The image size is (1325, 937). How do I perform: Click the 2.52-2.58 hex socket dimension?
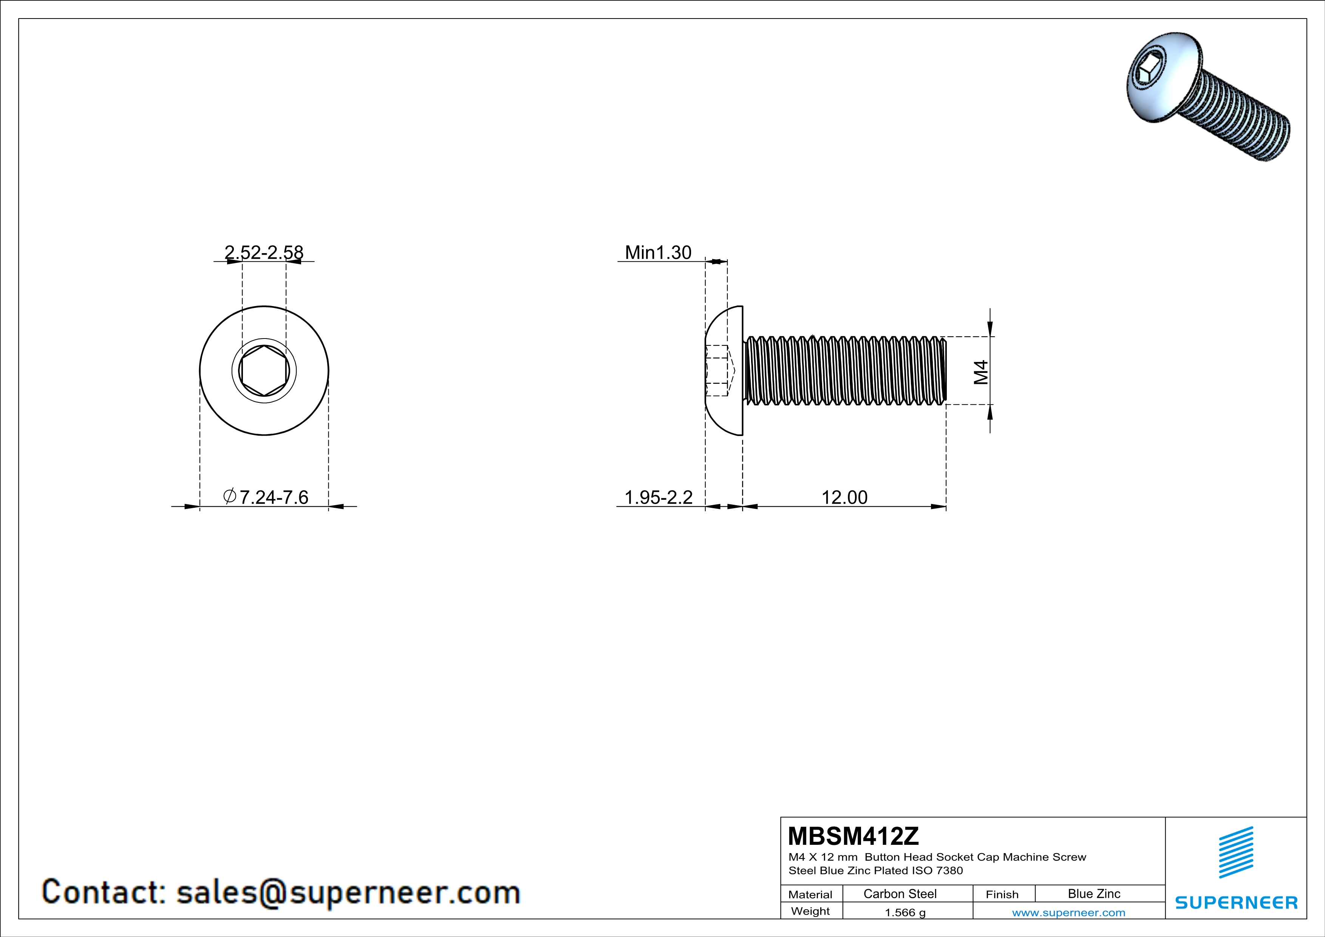pyautogui.click(x=264, y=252)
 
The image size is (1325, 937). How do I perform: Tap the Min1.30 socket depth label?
pyautogui.click(x=658, y=252)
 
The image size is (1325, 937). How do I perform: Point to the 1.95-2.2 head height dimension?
pyautogui.click(x=659, y=497)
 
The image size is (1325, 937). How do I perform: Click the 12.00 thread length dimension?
pyautogui.click(x=844, y=497)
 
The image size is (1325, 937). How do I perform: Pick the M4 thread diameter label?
pyautogui.click(x=981, y=372)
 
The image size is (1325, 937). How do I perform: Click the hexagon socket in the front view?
pyautogui.click(x=264, y=370)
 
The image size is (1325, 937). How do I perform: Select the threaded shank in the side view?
pyautogui.click(x=846, y=370)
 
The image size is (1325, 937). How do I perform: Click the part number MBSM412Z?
pyautogui.click(x=853, y=836)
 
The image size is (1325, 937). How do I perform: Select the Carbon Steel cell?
pyautogui.click(x=900, y=894)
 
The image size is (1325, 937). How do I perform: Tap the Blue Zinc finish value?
pyautogui.click(x=1093, y=894)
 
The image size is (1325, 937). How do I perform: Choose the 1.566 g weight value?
pyautogui.click(x=905, y=912)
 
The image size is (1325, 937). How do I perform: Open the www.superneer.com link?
pyautogui.click(x=1068, y=912)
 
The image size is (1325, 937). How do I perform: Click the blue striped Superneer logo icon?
pyautogui.click(x=1235, y=852)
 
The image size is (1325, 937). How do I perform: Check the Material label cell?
pyautogui.click(x=810, y=894)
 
